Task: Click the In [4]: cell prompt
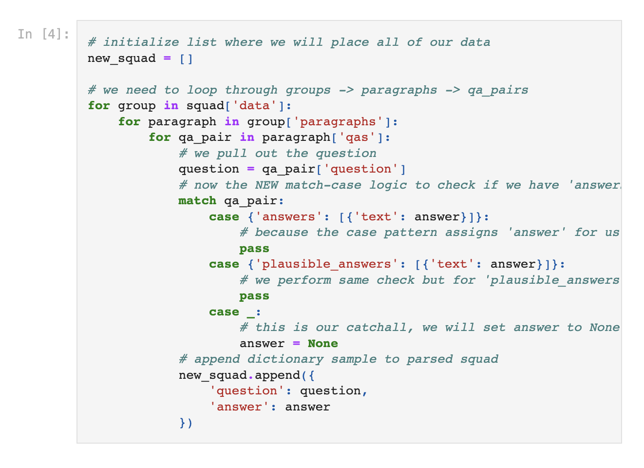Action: tap(43, 34)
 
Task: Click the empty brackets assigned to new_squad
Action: tap(186, 58)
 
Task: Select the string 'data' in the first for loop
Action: tap(254, 106)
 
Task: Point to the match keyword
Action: tap(197, 201)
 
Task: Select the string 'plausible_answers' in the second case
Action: tap(326, 264)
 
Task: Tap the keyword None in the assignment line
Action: tap(322, 344)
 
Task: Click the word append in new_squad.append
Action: tap(277, 375)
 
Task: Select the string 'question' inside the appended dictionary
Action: tap(246, 391)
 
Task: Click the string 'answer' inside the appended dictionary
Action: tap(239, 407)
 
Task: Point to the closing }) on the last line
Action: tap(186, 423)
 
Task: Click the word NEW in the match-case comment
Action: tap(266, 185)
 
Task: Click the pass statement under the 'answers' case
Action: tap(254, 249)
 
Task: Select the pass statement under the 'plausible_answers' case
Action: tap(254, 296)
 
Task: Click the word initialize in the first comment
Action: tap(141, 42)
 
